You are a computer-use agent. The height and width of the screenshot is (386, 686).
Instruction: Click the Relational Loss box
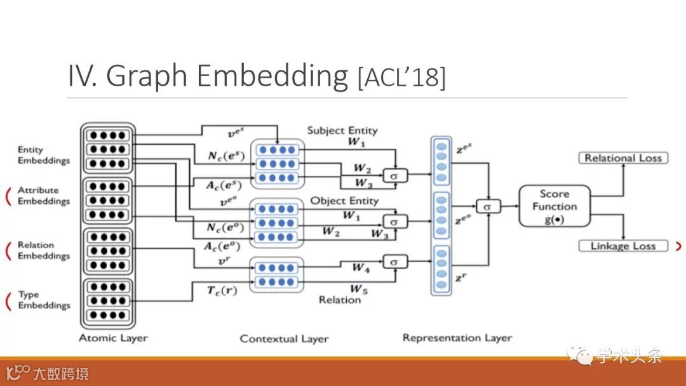point(623,158)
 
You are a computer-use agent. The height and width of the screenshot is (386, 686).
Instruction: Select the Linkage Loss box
point(623,246)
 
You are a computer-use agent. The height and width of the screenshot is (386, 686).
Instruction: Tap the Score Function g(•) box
point(555,206)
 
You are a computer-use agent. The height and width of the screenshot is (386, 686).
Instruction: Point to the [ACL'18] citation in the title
point(402,78)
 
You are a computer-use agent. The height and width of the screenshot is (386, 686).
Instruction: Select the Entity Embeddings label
point(43,155)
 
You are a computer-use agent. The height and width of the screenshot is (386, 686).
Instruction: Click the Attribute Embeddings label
point(43,196)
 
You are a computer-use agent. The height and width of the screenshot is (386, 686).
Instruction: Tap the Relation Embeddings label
point(43,250)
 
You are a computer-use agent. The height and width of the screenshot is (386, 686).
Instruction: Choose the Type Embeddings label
point(43,300)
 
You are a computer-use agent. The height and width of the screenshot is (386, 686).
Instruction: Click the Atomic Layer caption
point(113,338)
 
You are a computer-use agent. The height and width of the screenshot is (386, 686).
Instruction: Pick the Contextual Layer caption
point(284,338)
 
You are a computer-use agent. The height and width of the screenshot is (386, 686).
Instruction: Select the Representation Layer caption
point(457,338)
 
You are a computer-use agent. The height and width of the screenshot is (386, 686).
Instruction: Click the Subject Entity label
point(342,130)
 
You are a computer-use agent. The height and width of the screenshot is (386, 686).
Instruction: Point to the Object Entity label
point(344,201)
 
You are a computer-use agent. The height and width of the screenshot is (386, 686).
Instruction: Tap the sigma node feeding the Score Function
point(488,206)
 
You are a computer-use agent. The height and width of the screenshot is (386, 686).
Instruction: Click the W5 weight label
point(359,289)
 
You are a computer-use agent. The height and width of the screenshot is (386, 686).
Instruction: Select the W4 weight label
point(361,268)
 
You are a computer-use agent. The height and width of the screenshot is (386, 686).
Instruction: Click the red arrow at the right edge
point(679,246)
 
